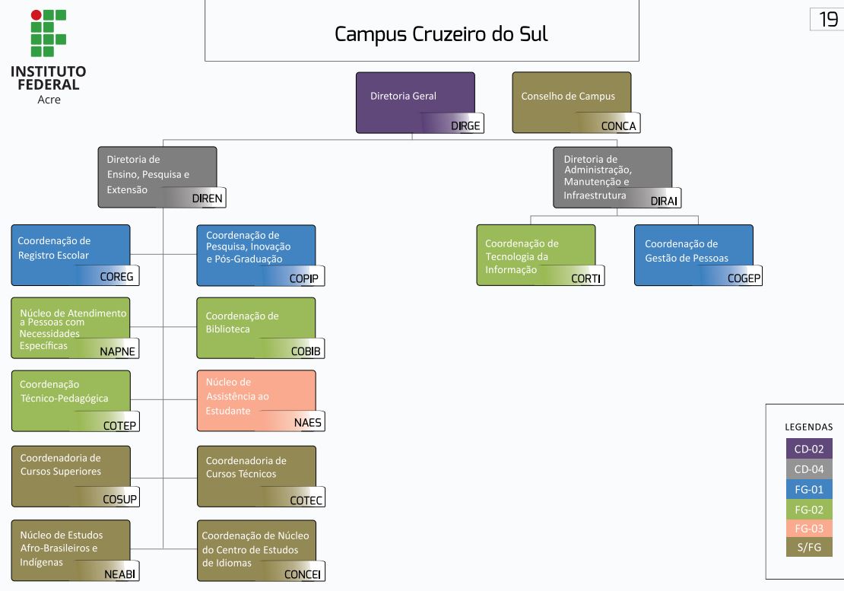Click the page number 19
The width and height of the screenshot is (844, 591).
coord(828,20)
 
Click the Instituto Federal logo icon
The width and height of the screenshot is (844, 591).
coord(48,33)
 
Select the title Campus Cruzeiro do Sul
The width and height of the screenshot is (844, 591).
coord(441,34)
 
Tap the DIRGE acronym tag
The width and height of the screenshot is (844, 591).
coord(465,126)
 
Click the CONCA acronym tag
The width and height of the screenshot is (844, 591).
coord(618,126)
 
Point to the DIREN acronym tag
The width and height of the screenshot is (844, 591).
coord(207,199)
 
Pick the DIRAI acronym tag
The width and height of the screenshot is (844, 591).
coord(665,201)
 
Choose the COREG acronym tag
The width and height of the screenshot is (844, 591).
coord(116,277)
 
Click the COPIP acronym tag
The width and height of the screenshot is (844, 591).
coord(303,278)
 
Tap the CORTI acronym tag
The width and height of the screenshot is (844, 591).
coord(585,278)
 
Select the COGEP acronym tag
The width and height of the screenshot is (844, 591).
coord(744,278)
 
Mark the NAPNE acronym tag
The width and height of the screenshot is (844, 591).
coord(118,351)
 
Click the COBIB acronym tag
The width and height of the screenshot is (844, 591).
coord(306,351)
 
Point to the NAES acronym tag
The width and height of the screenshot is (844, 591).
coord(308,423)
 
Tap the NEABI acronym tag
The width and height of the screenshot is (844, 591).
coord(120,574)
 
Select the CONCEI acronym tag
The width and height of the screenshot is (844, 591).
coord(303,574)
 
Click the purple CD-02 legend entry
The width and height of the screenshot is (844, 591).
coord(809,449)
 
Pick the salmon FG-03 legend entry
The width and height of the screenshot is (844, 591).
coord(809,528)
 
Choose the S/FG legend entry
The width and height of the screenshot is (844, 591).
coord(809,548)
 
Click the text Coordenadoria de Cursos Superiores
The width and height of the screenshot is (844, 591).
coord(60,465)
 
